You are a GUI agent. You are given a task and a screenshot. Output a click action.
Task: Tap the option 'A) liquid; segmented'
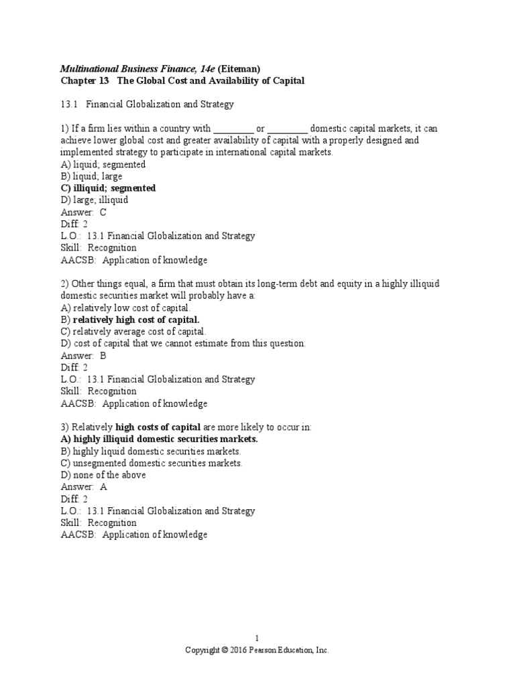coord(103,164)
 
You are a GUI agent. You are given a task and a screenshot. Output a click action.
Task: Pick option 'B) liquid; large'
coord(91,176)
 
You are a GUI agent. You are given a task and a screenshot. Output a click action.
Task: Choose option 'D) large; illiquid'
coord(94,200)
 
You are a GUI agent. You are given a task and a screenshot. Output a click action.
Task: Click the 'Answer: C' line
coord(83,212)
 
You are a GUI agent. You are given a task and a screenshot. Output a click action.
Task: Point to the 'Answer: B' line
coord(83,356)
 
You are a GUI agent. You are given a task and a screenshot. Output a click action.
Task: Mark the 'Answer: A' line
coord(83,487)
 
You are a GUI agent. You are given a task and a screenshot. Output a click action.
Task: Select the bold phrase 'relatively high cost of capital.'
coord(136,320)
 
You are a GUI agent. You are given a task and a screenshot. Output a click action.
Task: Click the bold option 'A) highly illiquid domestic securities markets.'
coord(159,439)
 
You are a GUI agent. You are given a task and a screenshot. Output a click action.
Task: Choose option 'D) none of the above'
coord(103,475)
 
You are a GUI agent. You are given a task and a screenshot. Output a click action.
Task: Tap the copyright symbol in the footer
coord(225,650)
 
